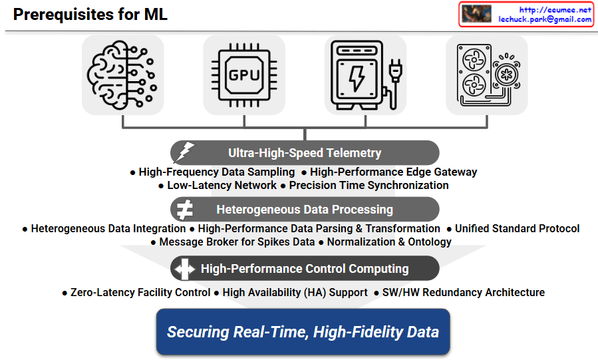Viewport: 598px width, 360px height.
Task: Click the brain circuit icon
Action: [x=122, y=75]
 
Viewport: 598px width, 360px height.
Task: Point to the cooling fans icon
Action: [x=486, y=75]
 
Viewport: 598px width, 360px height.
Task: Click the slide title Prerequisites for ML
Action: [x=90, y=15]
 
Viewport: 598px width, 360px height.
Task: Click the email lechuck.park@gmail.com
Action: [x=545, y=19]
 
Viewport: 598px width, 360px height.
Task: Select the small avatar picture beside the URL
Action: [x=476, y=15]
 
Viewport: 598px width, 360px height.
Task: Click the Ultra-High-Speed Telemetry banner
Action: [x=305, y=153]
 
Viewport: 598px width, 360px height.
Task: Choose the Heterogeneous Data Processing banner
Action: [x=305, y=210]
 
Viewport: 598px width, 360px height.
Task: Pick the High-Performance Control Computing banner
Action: [x=305, y=269]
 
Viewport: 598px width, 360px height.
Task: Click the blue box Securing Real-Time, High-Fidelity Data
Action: [x=303, y=331]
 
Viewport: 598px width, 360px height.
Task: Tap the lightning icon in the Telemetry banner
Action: [x=184, y=153]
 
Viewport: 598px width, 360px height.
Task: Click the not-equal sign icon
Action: [x=184, y=210]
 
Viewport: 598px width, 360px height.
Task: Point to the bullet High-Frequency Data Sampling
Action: [x=217, y=172]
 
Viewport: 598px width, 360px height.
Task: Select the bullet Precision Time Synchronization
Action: [x=369, y=185]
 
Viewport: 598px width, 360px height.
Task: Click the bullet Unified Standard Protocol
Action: [x=517, y=228]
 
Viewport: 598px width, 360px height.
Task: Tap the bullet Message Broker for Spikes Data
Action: [x=236, y=242]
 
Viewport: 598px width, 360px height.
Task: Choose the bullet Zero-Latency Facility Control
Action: [x=140, y=292]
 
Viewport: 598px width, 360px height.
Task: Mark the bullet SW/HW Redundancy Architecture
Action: [x=463, y=292]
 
